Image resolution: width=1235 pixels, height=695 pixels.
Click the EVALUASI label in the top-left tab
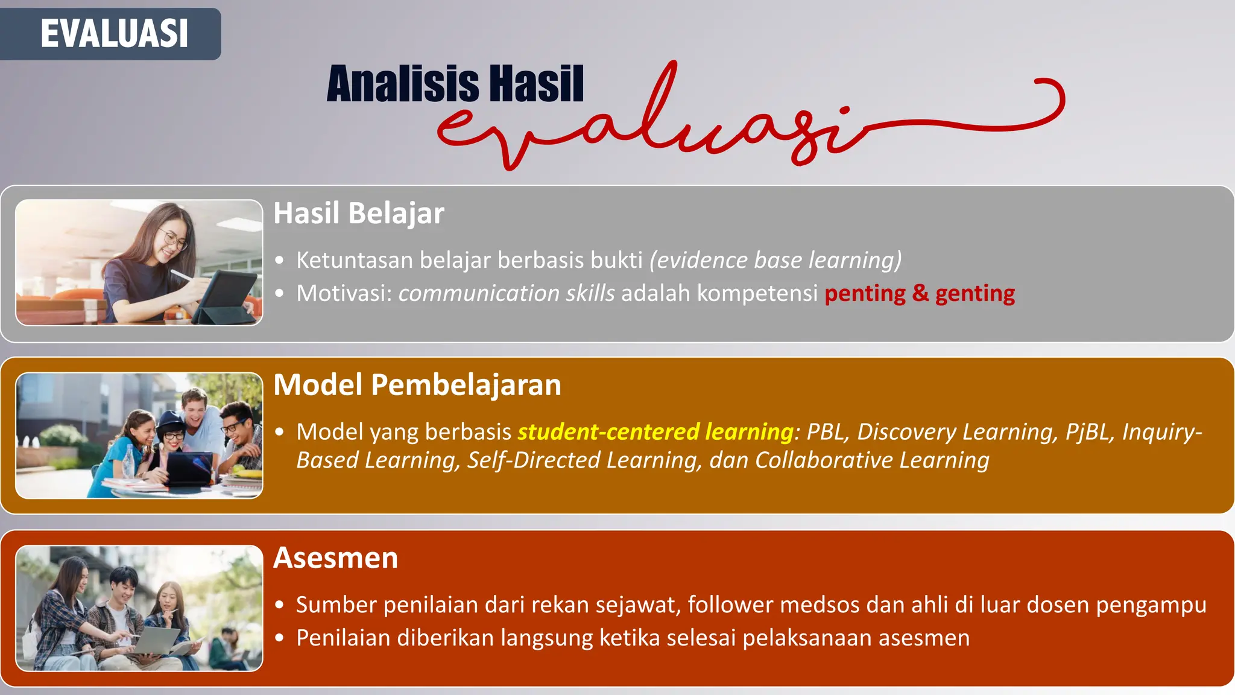114,33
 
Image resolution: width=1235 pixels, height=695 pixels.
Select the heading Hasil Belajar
359,213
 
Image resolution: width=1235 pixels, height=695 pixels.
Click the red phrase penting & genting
919,293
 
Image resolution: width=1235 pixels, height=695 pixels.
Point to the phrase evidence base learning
775,260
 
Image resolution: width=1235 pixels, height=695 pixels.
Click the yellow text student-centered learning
655,432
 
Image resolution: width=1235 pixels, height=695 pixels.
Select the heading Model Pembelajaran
417,385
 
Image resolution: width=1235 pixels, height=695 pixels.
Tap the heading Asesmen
335,558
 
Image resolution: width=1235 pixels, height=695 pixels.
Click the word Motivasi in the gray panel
344,293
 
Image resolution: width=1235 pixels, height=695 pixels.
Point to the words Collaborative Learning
872,460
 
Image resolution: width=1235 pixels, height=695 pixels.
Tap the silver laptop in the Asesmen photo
156,641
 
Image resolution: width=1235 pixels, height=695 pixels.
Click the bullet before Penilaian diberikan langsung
279,638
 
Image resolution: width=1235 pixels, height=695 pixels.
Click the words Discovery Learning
957,432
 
